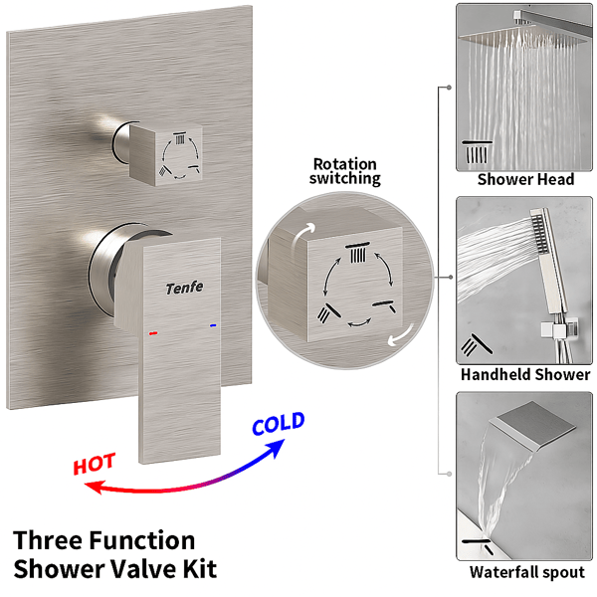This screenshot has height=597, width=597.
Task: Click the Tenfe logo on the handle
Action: pyautogui.click(x=184, y=288)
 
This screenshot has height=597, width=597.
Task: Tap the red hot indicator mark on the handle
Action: pyautogui.click(x=153, y=333)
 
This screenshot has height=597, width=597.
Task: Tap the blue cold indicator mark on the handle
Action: pyautogui.click(x=213, y=325)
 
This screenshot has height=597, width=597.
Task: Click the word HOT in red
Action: pyautogui.click(x=95, y=464)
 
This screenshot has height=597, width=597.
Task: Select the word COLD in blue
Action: pyautogui.click(x=279, y=424)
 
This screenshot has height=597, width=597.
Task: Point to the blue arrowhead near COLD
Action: pyautogui.click(x=276, y=449)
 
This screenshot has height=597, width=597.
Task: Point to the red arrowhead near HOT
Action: pyautogui.click(x=94, y=487)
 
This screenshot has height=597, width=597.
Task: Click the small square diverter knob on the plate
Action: pyautogui.click(x=165, y=154)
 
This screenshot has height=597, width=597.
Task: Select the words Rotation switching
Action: pyautogui.click(x=345, y=171)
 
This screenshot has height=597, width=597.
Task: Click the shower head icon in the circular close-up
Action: pyautogui.click(x=357, y=253)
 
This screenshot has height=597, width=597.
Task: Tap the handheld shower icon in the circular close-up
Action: pyautogui.click(x=328, y=312)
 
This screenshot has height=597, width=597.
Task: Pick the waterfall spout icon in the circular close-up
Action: pyautogui.click(x=384, y=306)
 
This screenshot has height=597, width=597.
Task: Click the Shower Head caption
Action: pyautogui.click(x=525, y=179)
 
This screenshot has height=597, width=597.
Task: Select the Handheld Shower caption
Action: pyautogui.click(x=525, y=375)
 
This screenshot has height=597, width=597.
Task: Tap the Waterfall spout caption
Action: pyautogui.click(x=527, y=572)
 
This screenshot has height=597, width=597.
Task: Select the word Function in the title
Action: pyautogui.click(x=143, y=540)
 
